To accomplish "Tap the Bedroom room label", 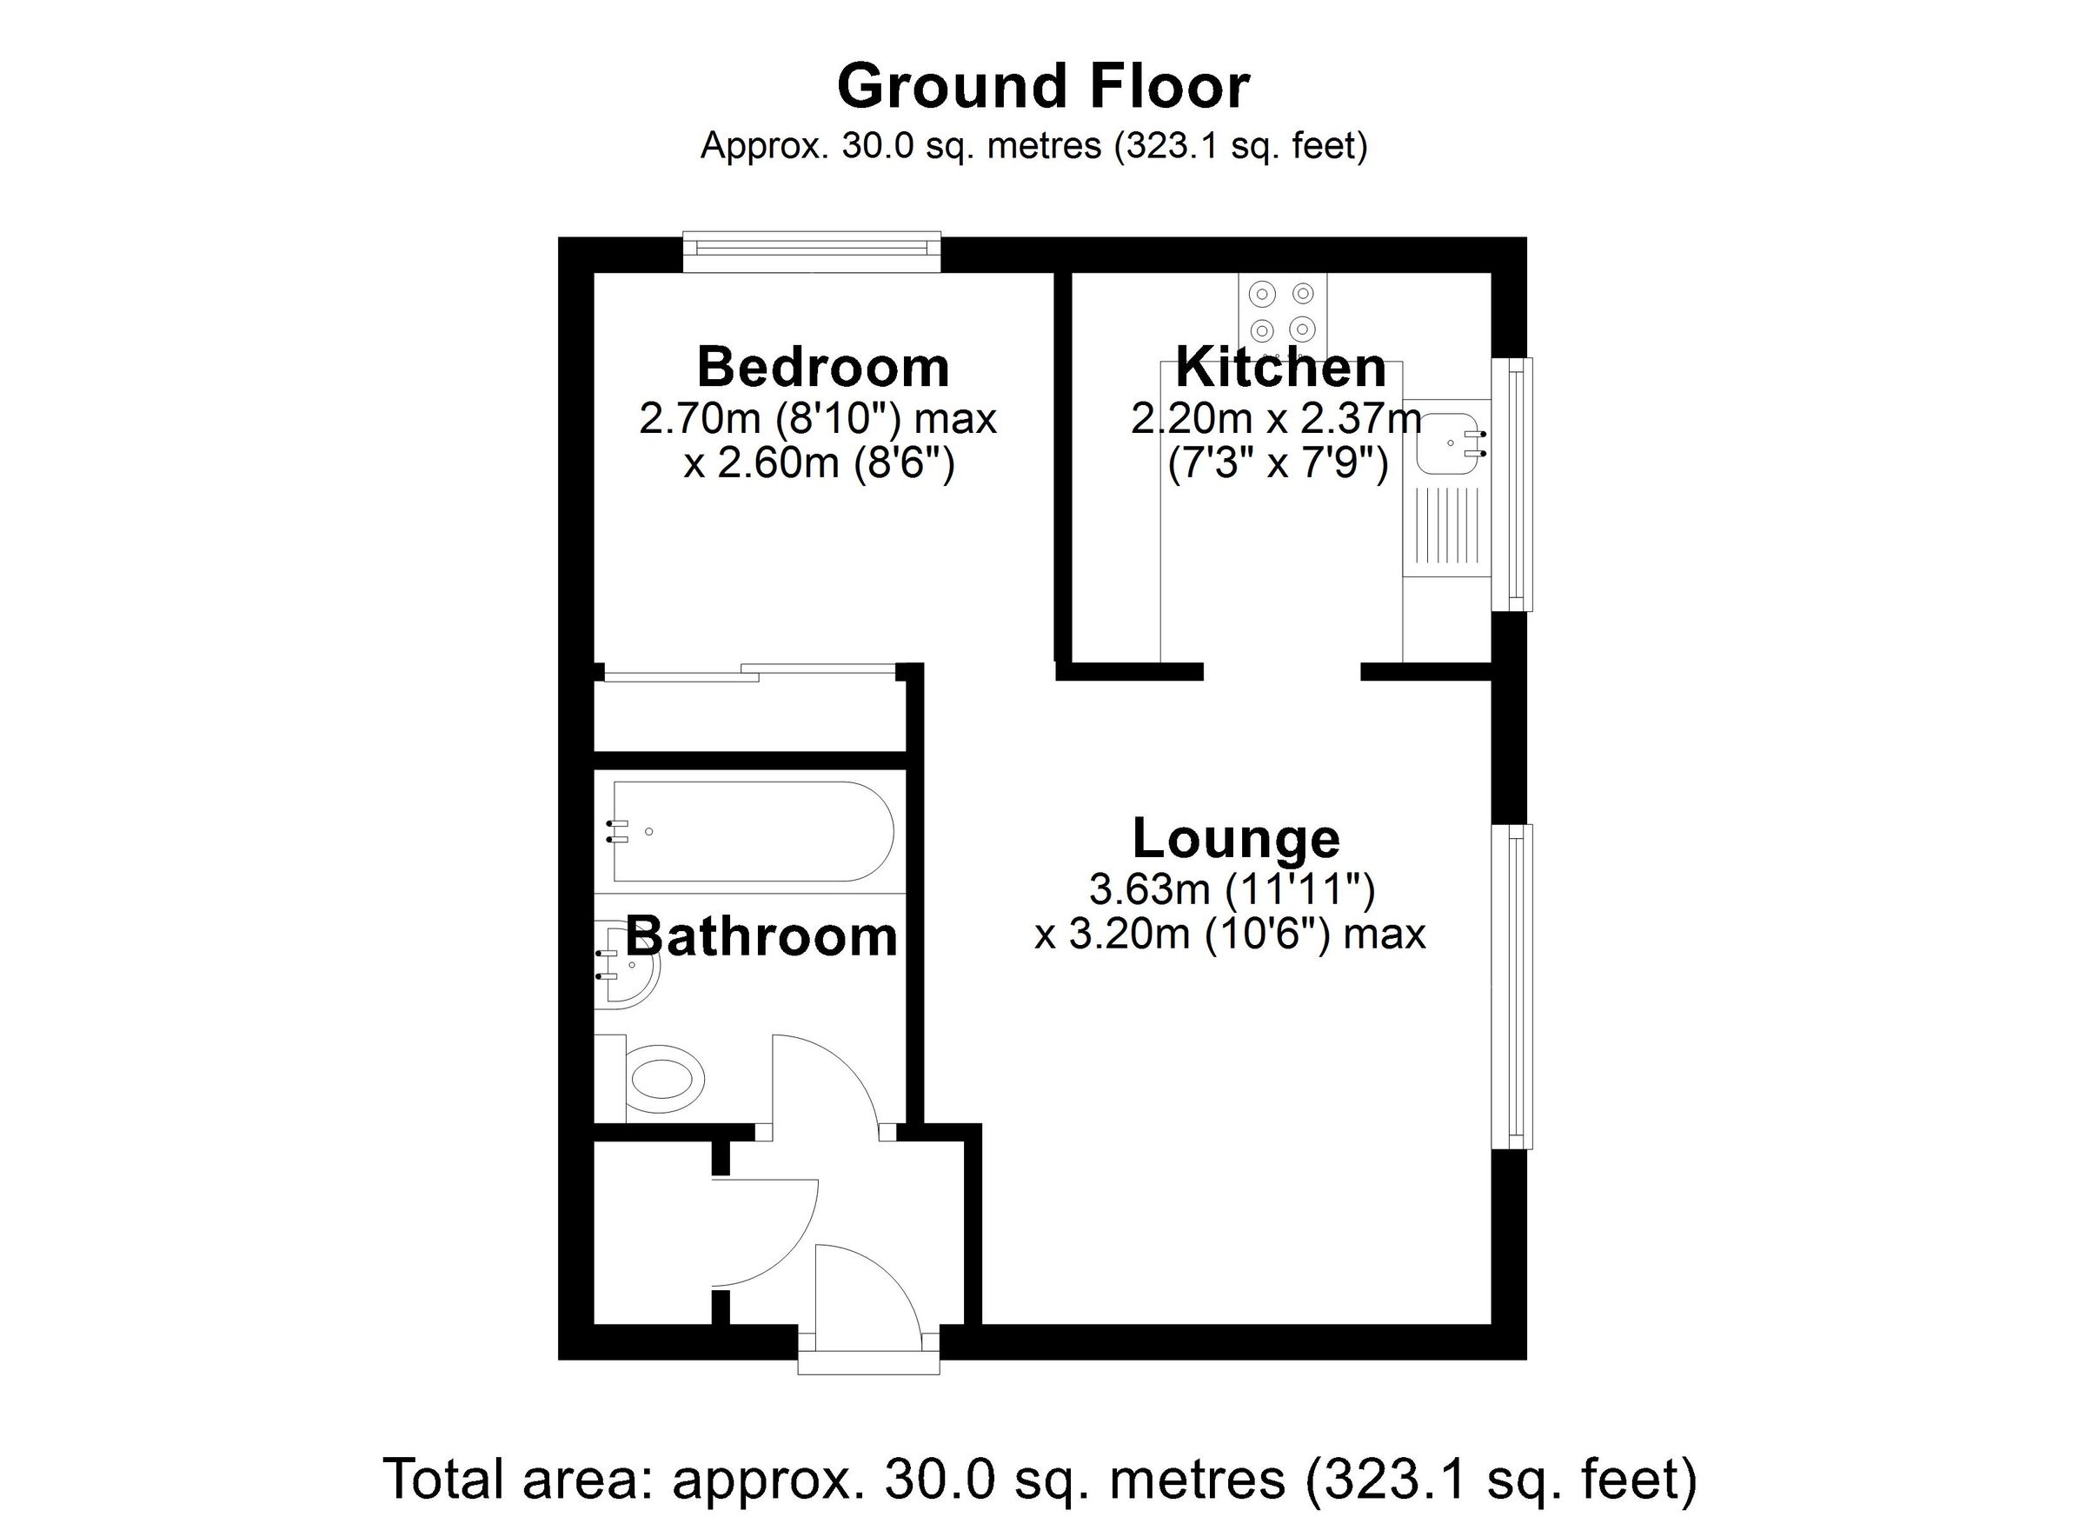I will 823,367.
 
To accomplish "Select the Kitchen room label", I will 1280,367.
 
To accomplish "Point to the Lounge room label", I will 1235,838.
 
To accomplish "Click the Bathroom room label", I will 761,936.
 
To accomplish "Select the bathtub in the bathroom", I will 753,832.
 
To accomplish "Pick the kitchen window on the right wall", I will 1513,484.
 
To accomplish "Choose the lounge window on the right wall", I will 1513,986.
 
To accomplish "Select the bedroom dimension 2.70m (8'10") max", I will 818,420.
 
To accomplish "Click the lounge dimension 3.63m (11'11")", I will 1232,888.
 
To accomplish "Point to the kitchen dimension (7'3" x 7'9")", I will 1277,464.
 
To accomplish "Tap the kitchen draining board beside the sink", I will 1445,526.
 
